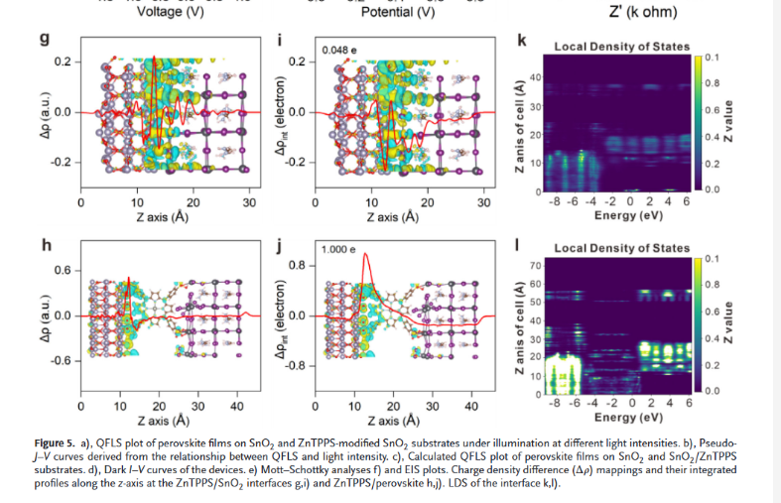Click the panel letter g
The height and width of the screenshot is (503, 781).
[x=44, y=42]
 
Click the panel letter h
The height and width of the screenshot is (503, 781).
[x=44, y=245]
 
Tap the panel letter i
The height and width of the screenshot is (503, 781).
[x=281, y=42]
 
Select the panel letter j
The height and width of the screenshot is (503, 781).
[x=281, y=245]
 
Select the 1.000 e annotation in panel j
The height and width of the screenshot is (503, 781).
[x=339, y=250]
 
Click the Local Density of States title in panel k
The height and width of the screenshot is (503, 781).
[x=621, y=47]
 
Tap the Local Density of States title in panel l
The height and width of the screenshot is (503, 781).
[x=621, y=248]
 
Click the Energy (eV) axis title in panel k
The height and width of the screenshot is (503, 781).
[x=621, y=216]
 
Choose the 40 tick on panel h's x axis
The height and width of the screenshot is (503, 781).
[x=237, y=407]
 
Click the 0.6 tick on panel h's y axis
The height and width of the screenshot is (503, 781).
[x=60, y=271]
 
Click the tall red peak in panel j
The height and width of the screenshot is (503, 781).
[x=367, y=256]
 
